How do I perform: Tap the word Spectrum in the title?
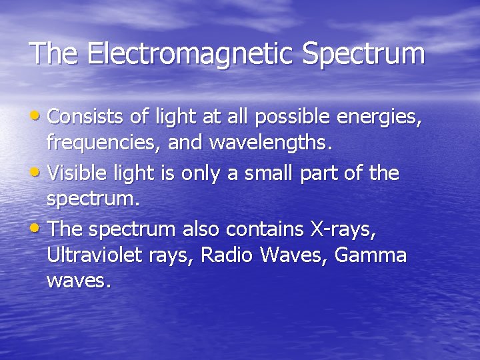pos(363,54)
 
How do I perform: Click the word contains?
pos(271,229)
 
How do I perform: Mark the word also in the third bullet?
pos(199,229)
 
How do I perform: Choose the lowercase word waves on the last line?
pos(77,281)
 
